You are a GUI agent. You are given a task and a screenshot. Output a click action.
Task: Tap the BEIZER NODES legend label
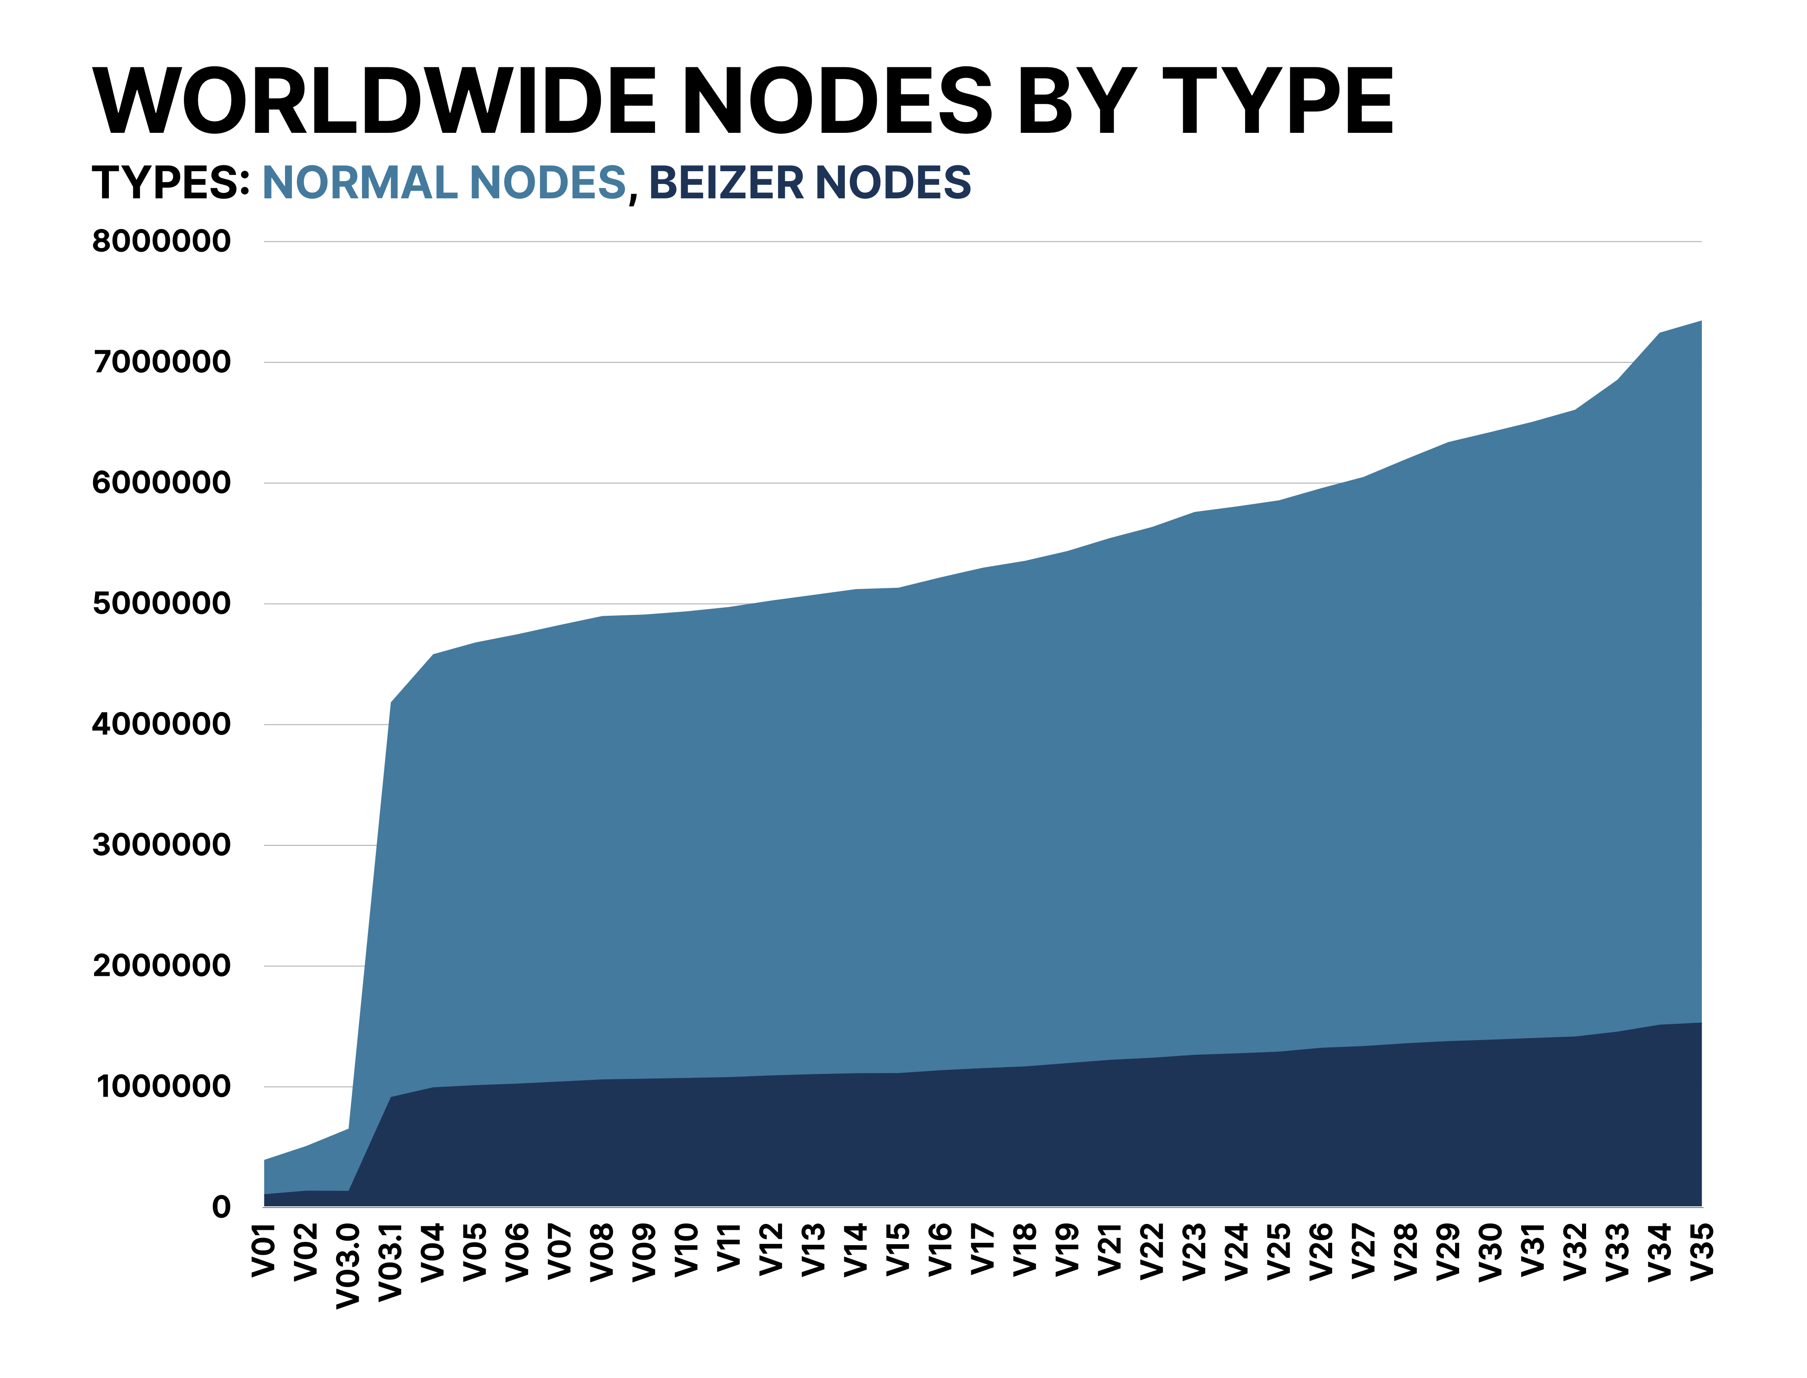click(x=810, y=182)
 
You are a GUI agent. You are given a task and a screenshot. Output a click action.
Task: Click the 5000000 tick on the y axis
click(x=162, y=604)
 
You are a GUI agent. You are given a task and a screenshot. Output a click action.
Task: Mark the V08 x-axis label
click(x=603, y=1251)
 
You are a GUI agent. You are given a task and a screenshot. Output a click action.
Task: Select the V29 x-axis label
click(x=1449, y=1251)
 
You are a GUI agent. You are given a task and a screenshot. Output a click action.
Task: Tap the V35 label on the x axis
click(x=1702, y=1251)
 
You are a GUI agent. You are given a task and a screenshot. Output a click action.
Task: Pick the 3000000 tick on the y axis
click(x=162, y=845)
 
